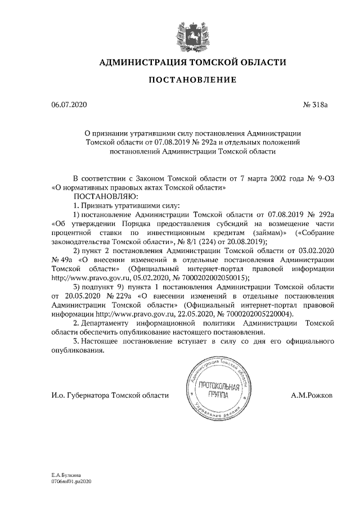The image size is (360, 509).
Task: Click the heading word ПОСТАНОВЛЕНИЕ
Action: click(x=192, y=81)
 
